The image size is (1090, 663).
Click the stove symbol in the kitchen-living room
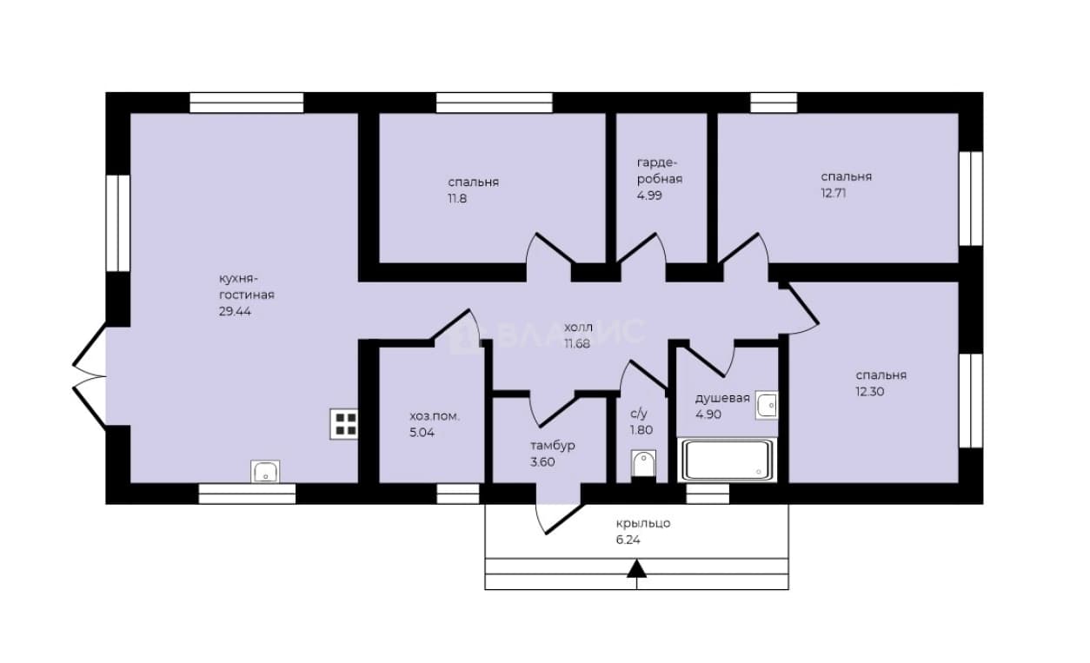[x=344, y=424]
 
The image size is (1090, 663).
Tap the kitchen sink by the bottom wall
[x=265, y=471]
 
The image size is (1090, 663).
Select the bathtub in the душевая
[x=728, y=460]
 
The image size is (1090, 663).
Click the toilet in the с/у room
[x=643, y=466]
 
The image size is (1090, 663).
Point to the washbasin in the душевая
[x=767, y=405]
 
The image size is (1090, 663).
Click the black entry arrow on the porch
[x=636, y=568]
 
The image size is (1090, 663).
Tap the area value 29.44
[x=235, y=311]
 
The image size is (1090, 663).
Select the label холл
[x=579, y=327]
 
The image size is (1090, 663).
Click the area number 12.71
[x=834, y=193]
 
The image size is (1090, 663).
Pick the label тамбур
[x=553, y=446]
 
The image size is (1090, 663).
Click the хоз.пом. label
[x=435, y=416]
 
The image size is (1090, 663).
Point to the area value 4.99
[x=649, y=196]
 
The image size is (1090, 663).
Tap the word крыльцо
[x=643, y=523]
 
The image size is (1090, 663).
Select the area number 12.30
[x=870, y=392]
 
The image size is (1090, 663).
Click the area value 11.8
[x=457, y=198]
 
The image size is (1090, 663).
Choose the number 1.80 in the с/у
[x=641, y=430]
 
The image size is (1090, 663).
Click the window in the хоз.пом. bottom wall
[x=458, y=494]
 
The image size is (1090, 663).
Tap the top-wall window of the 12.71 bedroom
[x=774, y=103]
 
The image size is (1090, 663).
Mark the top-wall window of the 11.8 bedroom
[x=495, y=103]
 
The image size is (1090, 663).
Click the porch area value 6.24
[x=628, y=540]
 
